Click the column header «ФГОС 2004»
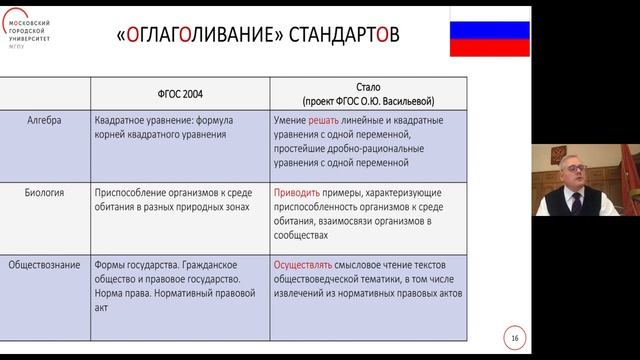(181, 94)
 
